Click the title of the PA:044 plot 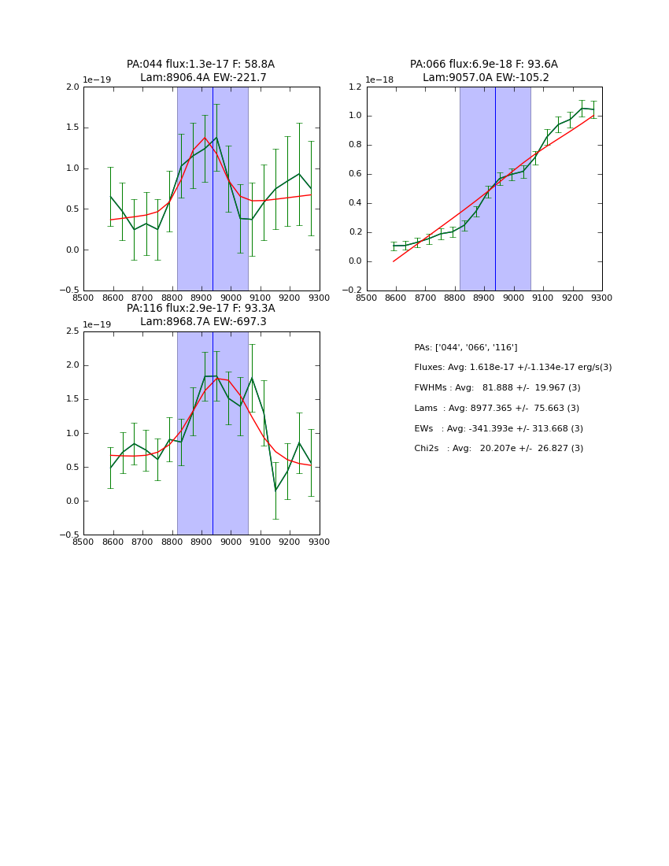(201, 71)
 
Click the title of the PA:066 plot (484, 71)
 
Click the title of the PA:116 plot (201, 315)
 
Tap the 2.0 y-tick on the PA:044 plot (72, 87)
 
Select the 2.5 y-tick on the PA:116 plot (72, 331)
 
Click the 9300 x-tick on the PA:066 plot (602, 298)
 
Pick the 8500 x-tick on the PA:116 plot (83, 542)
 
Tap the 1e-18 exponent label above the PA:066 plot (379, 80)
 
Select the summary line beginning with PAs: (466, 347)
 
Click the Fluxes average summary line (512, 368)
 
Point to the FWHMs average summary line (497, 387)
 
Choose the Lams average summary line (497, 408)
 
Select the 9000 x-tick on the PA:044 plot (231, 298)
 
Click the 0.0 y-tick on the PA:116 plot (72, 501)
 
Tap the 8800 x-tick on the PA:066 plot (455, 298)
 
